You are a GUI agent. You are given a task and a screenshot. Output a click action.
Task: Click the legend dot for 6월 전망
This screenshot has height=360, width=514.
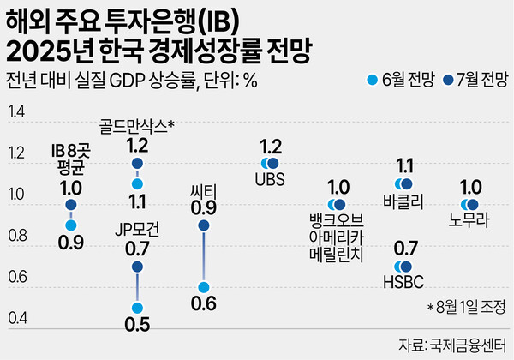tap(371, 81)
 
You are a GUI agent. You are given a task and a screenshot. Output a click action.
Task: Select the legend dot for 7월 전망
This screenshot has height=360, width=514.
tap(442, 81)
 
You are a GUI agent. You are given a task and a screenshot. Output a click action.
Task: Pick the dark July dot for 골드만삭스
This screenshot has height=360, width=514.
tap(137, 163)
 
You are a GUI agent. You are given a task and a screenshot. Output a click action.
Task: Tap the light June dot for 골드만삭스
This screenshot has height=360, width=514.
tap(137, 183)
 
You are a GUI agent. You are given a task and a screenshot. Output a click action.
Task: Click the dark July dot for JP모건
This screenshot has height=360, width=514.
tap(137, 267)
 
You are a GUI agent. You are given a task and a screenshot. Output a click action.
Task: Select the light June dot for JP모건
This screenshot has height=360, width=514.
tap(137, 308)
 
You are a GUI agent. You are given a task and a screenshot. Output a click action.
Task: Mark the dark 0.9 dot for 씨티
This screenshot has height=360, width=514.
tap(203, 225)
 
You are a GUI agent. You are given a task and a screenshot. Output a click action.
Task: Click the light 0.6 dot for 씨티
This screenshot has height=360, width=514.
tap(203, 287)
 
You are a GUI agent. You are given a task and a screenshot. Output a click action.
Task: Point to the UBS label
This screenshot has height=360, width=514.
tap(271, 180)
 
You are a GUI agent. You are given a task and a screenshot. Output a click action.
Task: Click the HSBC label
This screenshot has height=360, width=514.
tap(405, 281)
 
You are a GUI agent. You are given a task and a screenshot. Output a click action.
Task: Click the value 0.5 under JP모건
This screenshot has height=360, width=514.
tap(137, 325)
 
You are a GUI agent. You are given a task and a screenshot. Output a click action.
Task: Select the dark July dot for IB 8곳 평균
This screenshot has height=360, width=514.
tap(71, 205)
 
